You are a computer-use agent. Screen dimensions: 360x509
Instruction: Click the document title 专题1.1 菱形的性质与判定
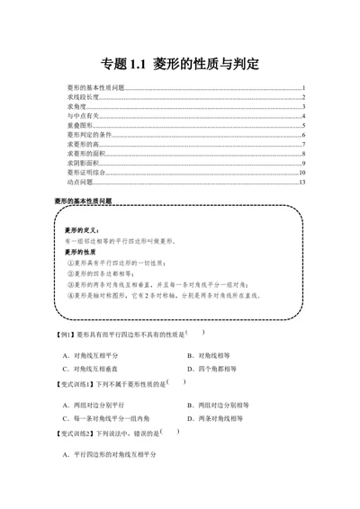pyautogui.click(x=180, y=65)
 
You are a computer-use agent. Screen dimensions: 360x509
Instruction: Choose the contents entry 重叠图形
pyautogui.click(x=80, y=126)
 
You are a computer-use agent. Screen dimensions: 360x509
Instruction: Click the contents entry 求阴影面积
pyautogui.click(x=84, y=164)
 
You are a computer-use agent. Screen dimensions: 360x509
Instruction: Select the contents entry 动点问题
pyautogui.click(x=80, y=183)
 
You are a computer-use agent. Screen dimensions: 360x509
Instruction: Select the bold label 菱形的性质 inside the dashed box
pyautogui.click(x=82, y=252)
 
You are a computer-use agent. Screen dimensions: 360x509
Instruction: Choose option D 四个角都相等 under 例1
pyautogui.click(x=212, y=369)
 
